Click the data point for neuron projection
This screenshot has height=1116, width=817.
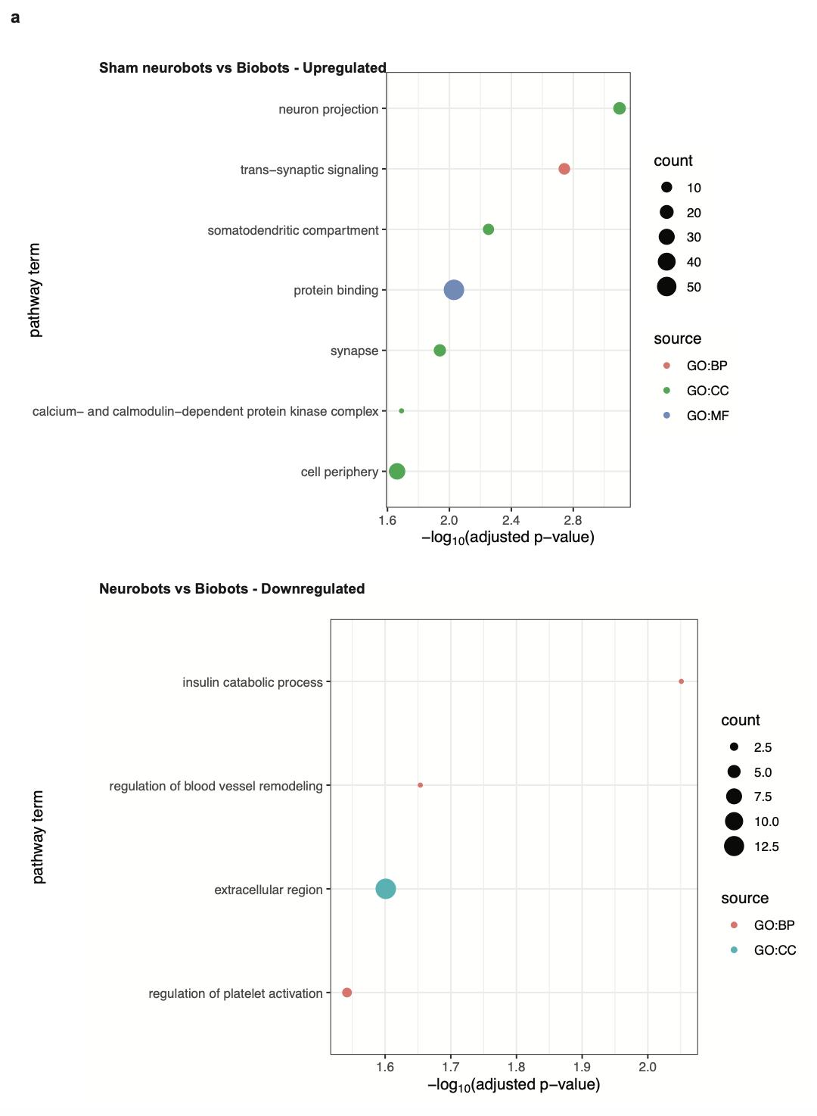[x=619, y=108]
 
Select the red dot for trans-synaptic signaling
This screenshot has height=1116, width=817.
[x=564, y=169]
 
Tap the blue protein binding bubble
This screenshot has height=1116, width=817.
[x=453, y=290]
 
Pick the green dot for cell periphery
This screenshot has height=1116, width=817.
[x=396, y=472]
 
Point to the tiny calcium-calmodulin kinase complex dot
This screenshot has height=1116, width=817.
[x=401, y=411]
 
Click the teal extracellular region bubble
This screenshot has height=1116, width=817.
[x=385, y=889]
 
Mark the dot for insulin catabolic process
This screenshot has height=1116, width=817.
[x=681, y=681]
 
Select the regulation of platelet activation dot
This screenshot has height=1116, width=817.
[x=346, y=993]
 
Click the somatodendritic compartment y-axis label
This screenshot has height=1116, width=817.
[x=293, y=230]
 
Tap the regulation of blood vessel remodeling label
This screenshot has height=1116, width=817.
[x=216, y=786]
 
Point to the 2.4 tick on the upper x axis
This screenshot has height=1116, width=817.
[x=511, y=520]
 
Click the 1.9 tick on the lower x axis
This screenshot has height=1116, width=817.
[x=582, y=1067]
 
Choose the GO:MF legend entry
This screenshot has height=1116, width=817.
[x=707, y=416]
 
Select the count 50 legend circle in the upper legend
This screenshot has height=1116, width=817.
[x=666, y=287]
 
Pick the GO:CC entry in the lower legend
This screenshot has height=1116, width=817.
[x=775, y=950]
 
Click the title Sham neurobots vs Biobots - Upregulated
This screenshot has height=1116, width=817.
[x=242, y=68]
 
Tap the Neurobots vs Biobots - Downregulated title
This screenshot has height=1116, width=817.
[x=231, y=589]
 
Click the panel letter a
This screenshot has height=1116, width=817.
[x=15, y=17]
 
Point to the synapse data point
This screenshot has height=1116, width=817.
[x=440, y=351]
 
